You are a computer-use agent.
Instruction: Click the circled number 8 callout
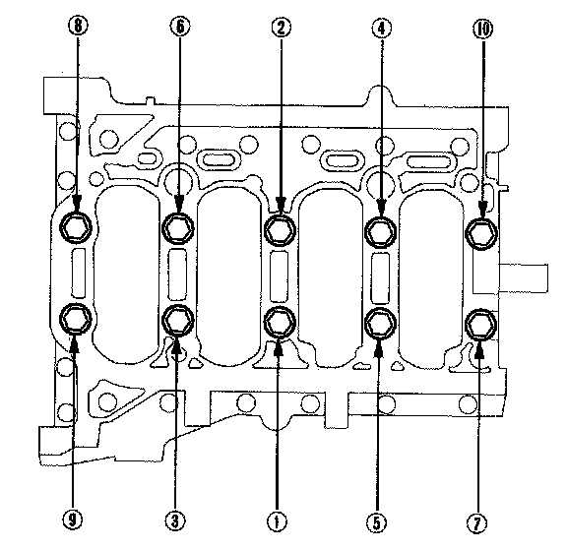[x=78, y=26]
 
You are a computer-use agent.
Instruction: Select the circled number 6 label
[x=180, y=27]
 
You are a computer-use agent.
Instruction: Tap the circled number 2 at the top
[x=281, y=28]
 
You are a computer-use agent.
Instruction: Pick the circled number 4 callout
[x=382, y=28]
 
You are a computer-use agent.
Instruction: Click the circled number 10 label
[x=483, y=29]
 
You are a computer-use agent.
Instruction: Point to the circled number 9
[x=73, y=520]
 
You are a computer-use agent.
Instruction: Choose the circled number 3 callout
[x=175, y=521]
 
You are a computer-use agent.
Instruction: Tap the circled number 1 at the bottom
[x=277, y=521]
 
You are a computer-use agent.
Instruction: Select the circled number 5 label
[x=377, y=522]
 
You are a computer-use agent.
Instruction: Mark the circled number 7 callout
[x=477, y=523]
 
